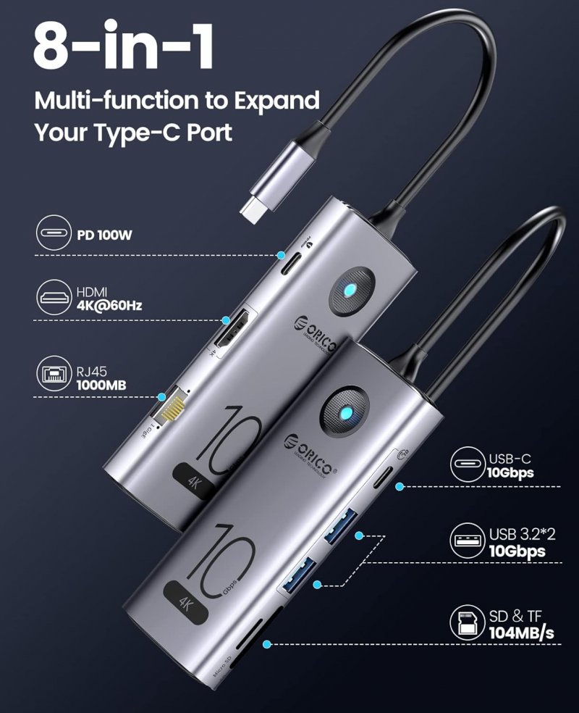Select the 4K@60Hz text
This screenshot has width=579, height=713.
pyautogui.click(x=109, y=305)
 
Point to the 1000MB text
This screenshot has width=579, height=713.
pyautogui.click(x=101, y=385)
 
